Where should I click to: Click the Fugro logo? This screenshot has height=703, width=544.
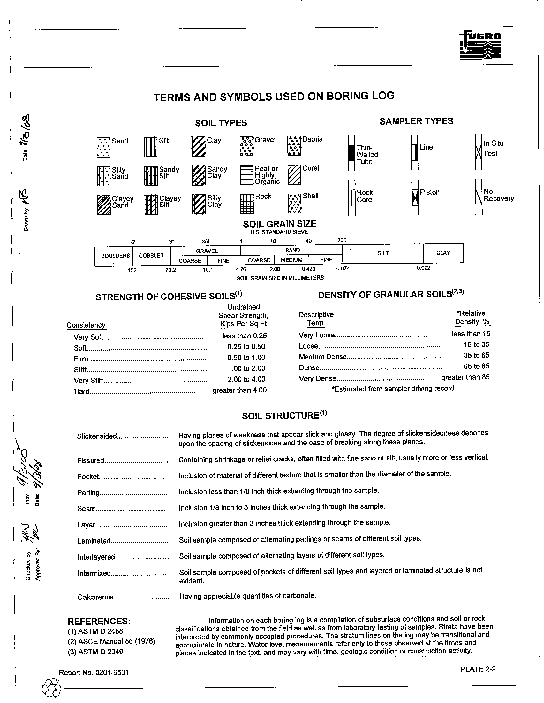click(x=480, y=46)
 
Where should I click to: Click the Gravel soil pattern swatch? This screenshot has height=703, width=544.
click(x=246, y=146)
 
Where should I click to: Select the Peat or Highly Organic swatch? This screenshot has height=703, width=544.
click(x=246, y=175)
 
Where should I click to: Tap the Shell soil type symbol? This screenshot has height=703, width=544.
click(x=294, y=204)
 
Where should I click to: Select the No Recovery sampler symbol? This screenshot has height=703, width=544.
click(x=479, y=197)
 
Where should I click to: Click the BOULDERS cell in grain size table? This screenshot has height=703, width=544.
click(x=115, y=256)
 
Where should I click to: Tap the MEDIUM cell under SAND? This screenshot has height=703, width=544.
click(x=291, y=260)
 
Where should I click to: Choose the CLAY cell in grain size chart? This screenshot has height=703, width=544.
click(x=443, y=253)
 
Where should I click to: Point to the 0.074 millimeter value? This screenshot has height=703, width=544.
click(x=343, y=268)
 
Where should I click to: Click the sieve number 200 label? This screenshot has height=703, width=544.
click(x=342, y=240)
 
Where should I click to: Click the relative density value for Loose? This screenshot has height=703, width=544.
click(x=476, y=344)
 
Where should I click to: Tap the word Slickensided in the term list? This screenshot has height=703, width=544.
click(x=97, y=436)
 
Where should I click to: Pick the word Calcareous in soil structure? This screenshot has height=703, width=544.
click(x=95, y=597)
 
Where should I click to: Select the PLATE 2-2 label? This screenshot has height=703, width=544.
click(x=478, y=669)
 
